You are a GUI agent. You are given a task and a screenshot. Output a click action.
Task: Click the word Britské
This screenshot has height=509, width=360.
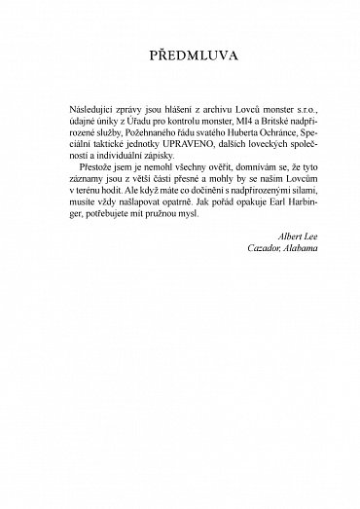pos(265,142)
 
